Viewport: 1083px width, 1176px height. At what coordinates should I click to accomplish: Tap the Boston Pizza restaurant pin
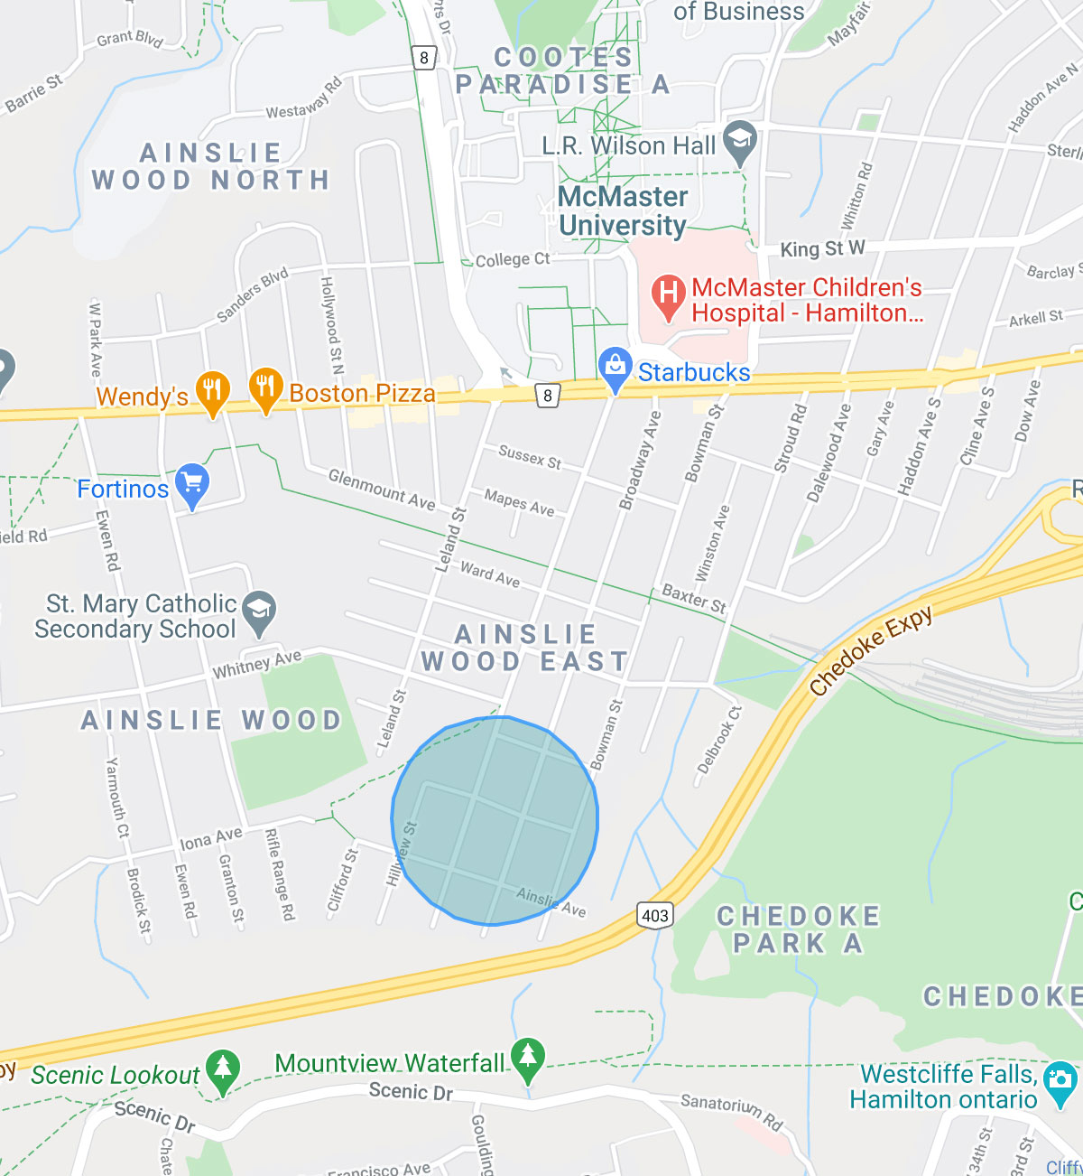(x=265, y=388)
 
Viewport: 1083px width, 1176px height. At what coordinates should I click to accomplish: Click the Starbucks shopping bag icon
(x=615, y=368)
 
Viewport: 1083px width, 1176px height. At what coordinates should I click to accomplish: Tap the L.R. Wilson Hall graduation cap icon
(x=740, y=141)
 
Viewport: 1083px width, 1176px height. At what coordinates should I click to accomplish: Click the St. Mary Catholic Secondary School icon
(x=259, y=611)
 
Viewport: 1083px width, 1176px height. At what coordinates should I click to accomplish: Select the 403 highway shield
(x=655, y=915)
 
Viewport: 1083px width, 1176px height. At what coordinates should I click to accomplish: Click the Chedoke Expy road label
(x=870, y=651)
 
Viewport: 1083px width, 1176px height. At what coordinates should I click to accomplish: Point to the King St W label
(x=822, y=248)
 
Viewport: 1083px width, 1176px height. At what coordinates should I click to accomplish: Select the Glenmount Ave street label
(x=381, y=489)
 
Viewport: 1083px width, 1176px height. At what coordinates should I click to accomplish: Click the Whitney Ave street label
(x=256, y=665)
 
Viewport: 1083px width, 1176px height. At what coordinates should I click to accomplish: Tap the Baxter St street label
(x=694, y=598)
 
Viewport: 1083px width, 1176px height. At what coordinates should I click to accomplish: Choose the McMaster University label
(x=623, y=210)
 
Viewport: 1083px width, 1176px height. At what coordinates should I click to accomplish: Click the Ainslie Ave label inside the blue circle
(x=551, y=901)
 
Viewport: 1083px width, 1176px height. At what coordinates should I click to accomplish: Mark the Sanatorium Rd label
(x=731, y=1113)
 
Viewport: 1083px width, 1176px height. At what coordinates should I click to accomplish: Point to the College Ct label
(x=512, y=259)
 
